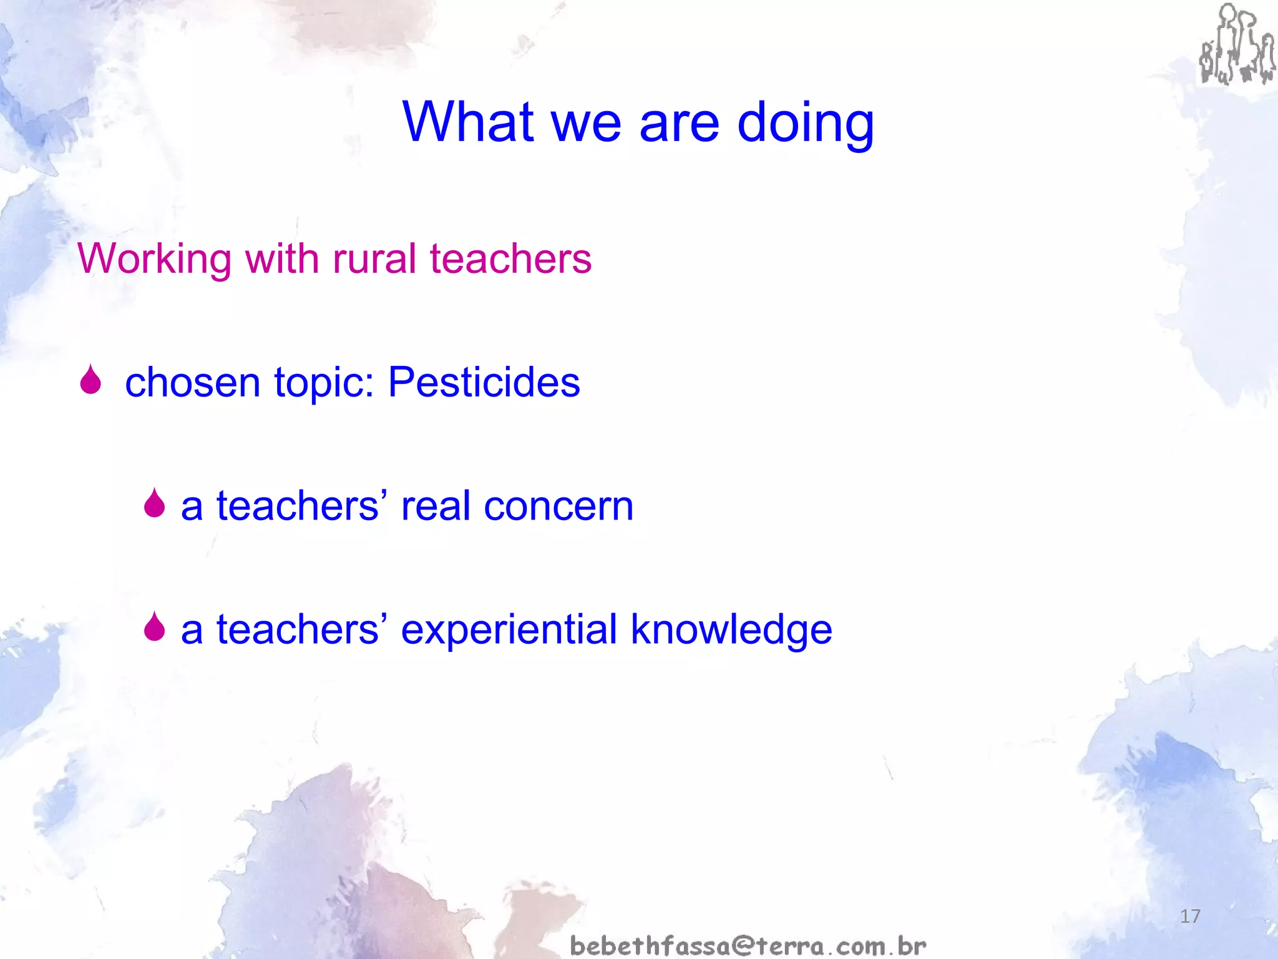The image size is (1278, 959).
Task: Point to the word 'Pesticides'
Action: click(x=484, y=382)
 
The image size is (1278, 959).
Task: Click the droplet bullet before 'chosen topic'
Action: click(x=90, y=380)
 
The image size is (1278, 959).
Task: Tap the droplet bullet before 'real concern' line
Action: click(x=154, y=504)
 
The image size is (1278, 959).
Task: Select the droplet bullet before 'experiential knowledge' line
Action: click(x=154, y=627)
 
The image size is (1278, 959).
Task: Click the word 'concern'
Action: click(x=559, y=506)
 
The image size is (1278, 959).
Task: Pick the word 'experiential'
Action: click(x=509, y=629)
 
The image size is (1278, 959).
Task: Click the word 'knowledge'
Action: click(x=731, y=629)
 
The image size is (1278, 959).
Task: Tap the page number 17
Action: click(x=1190, y=916)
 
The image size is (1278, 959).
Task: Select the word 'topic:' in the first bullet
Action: click(x=324, y=382)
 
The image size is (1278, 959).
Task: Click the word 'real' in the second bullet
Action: click(x=436, y=506)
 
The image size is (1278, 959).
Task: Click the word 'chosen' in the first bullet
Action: click(x=192, y=382)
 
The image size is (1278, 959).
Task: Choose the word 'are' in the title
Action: click(x=679, y=123)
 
